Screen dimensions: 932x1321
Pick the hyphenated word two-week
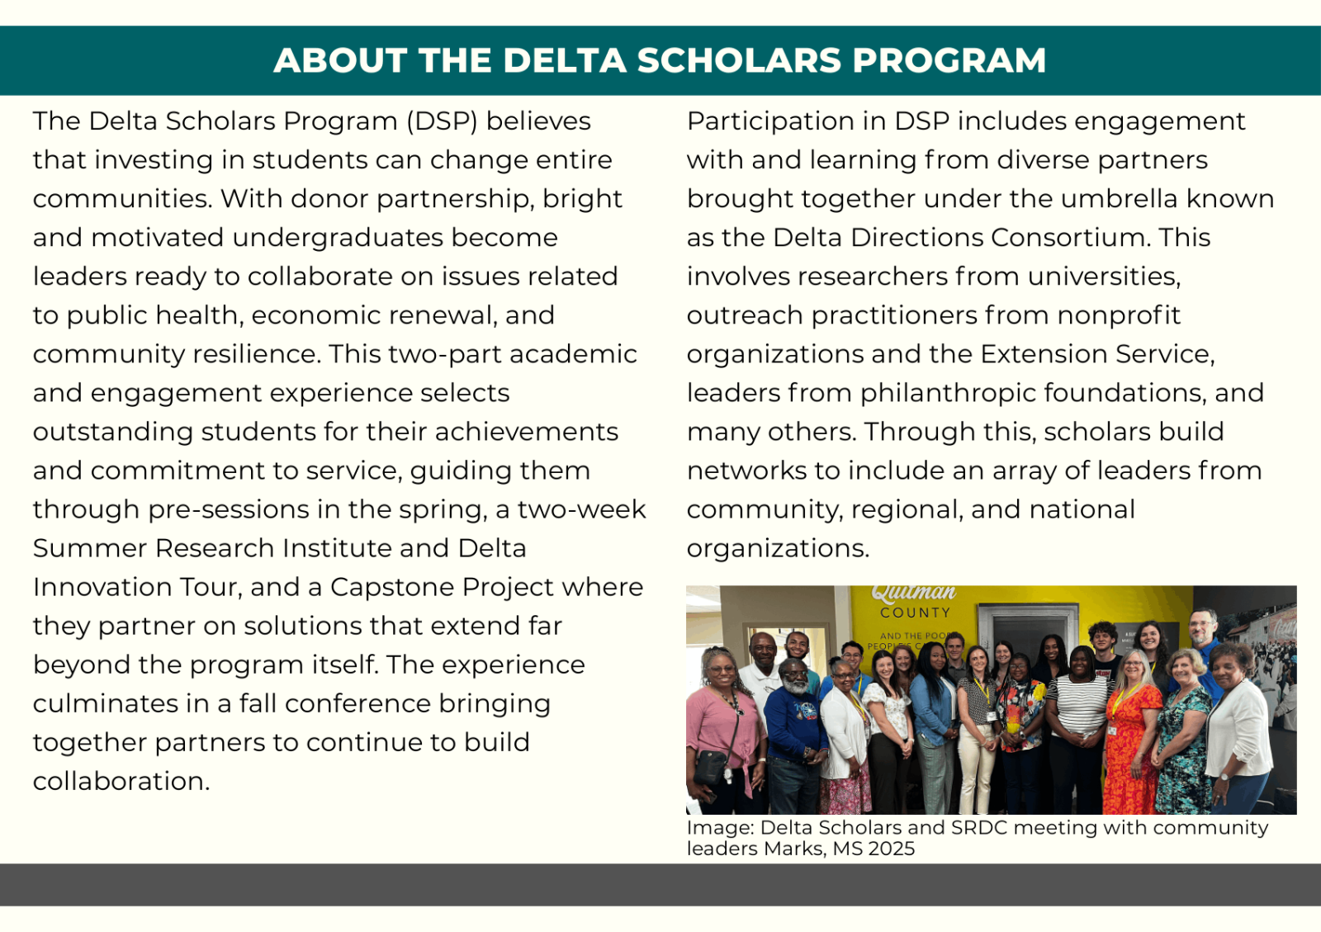[581, 509]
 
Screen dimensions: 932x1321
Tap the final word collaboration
[121, 781]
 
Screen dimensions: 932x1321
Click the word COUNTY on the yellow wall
[916, 613]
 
